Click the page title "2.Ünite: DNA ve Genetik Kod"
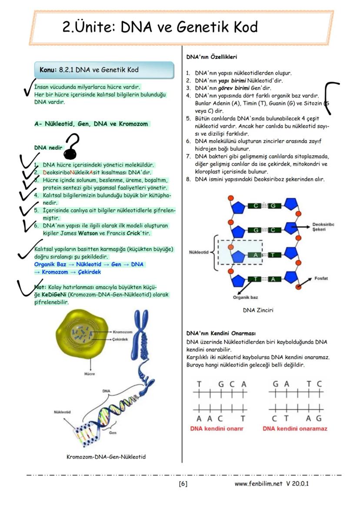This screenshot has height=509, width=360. tap(160, 27)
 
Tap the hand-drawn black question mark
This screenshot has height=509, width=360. tap(72, 146)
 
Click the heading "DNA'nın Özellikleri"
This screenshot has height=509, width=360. tap(211, 57)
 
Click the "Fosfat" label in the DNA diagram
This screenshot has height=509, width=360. tap(321, 278)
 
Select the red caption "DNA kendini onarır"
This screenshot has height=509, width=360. tap(217, 429)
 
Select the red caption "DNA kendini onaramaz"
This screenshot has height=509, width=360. tap(295, 429)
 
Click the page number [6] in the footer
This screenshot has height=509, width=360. tap(183, 483)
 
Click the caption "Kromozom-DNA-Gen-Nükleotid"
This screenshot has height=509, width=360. tap(106, 457)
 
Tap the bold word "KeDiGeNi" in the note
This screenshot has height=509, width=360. tap(54, 295)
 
